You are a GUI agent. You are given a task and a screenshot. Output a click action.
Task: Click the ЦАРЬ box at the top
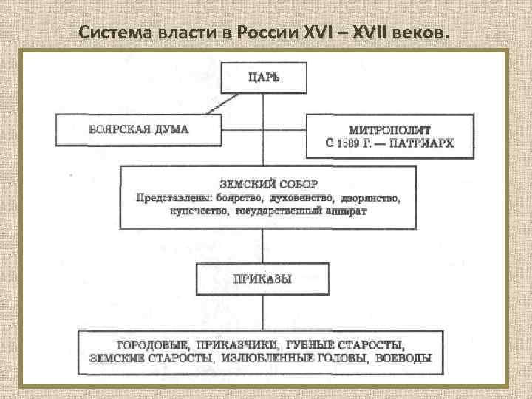coord(265,78)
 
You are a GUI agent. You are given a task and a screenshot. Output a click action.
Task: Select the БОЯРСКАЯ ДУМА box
coord(138,129)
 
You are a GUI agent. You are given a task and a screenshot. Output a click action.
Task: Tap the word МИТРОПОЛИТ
coord(389,129)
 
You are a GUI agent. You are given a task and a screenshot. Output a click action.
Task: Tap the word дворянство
coord(369,198)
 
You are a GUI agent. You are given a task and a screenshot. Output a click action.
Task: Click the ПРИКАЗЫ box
coord(262,279)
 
